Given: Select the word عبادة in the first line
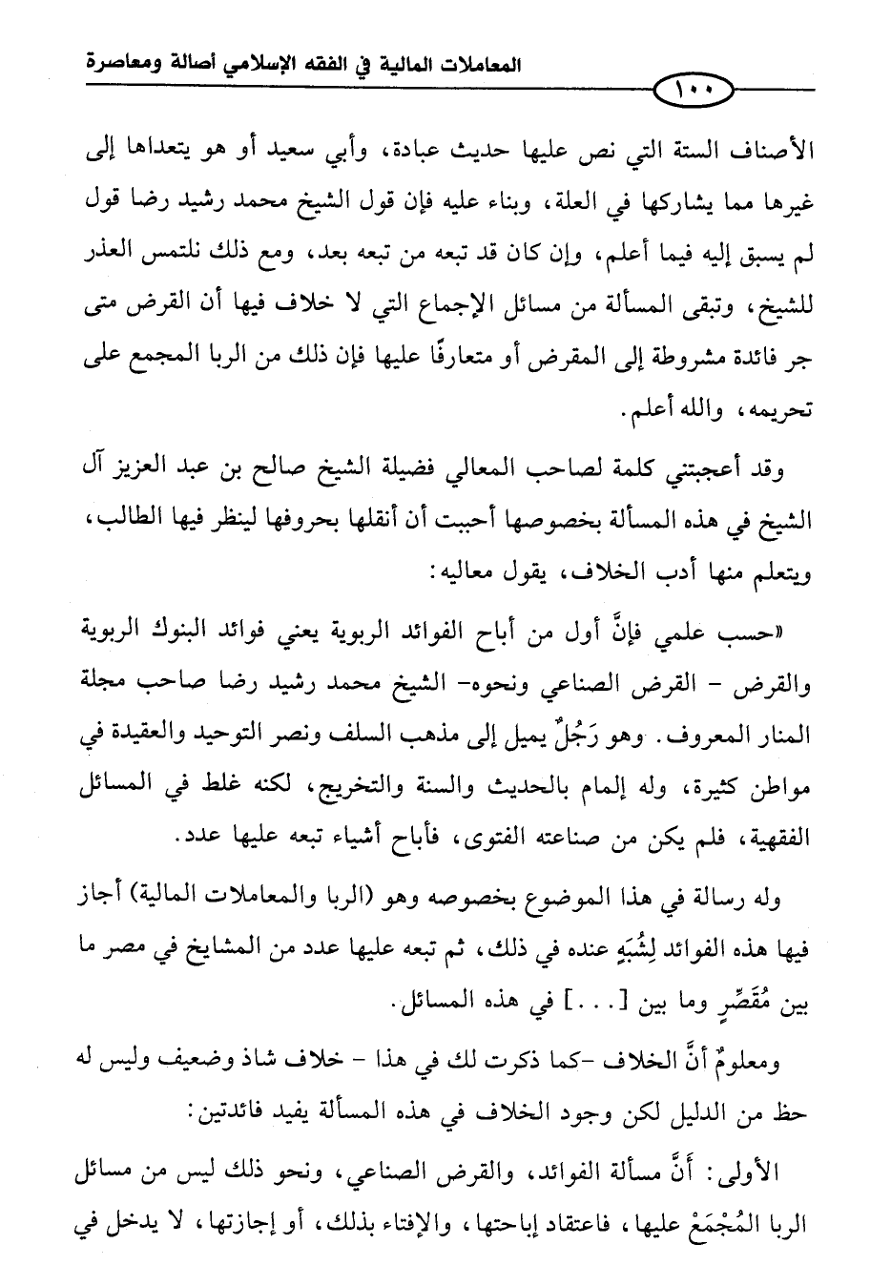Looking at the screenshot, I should click(445, 152).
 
